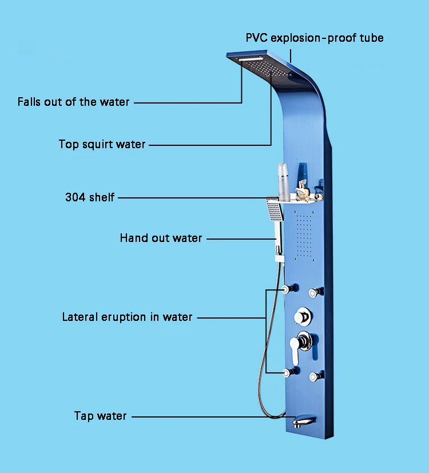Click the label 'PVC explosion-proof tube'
(315, 38)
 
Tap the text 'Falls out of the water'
(74, 102)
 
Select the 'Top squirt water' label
(102, 144)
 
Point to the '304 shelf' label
(90, 198)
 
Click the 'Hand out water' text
(161, 238)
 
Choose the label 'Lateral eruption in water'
(128, 317)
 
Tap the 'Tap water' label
(100, 416)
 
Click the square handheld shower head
(275, 211)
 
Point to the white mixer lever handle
(296, 350)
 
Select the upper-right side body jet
(314, 293)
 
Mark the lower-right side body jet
(314, 376)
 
